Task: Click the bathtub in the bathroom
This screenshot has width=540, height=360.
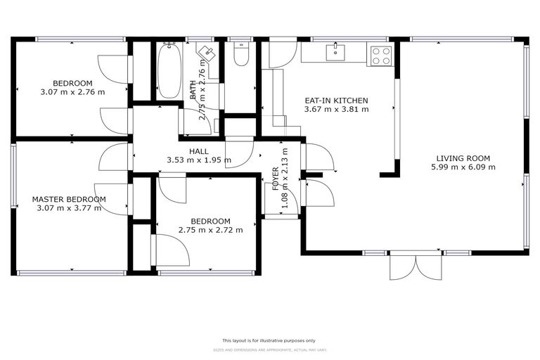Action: coord(169,72)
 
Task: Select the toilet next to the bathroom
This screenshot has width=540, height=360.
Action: coord(241,56)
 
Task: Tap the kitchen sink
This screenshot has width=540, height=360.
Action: coord(336,51)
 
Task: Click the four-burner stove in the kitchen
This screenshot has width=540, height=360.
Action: coord(380,56)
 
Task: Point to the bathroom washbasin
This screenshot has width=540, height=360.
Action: coord(207,54)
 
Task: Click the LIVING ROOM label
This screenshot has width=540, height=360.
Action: coord(463,158)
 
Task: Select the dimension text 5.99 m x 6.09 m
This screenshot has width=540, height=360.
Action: coord(463,167)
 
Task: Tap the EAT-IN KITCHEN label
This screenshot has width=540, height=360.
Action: coord(336,101)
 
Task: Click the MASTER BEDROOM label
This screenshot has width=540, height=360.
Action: coord(69,199)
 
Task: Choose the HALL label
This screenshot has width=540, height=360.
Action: coord(198,151)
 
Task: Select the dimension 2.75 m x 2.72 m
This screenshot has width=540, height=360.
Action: coord(211,229)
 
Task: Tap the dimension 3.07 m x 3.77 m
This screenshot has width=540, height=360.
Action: coord(69,208)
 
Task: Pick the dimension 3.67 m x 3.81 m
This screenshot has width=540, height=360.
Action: coord(336,110)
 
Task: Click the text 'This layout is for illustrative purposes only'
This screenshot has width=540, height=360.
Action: coord(269,340)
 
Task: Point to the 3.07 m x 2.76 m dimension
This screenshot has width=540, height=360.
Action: coord(72,92)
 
